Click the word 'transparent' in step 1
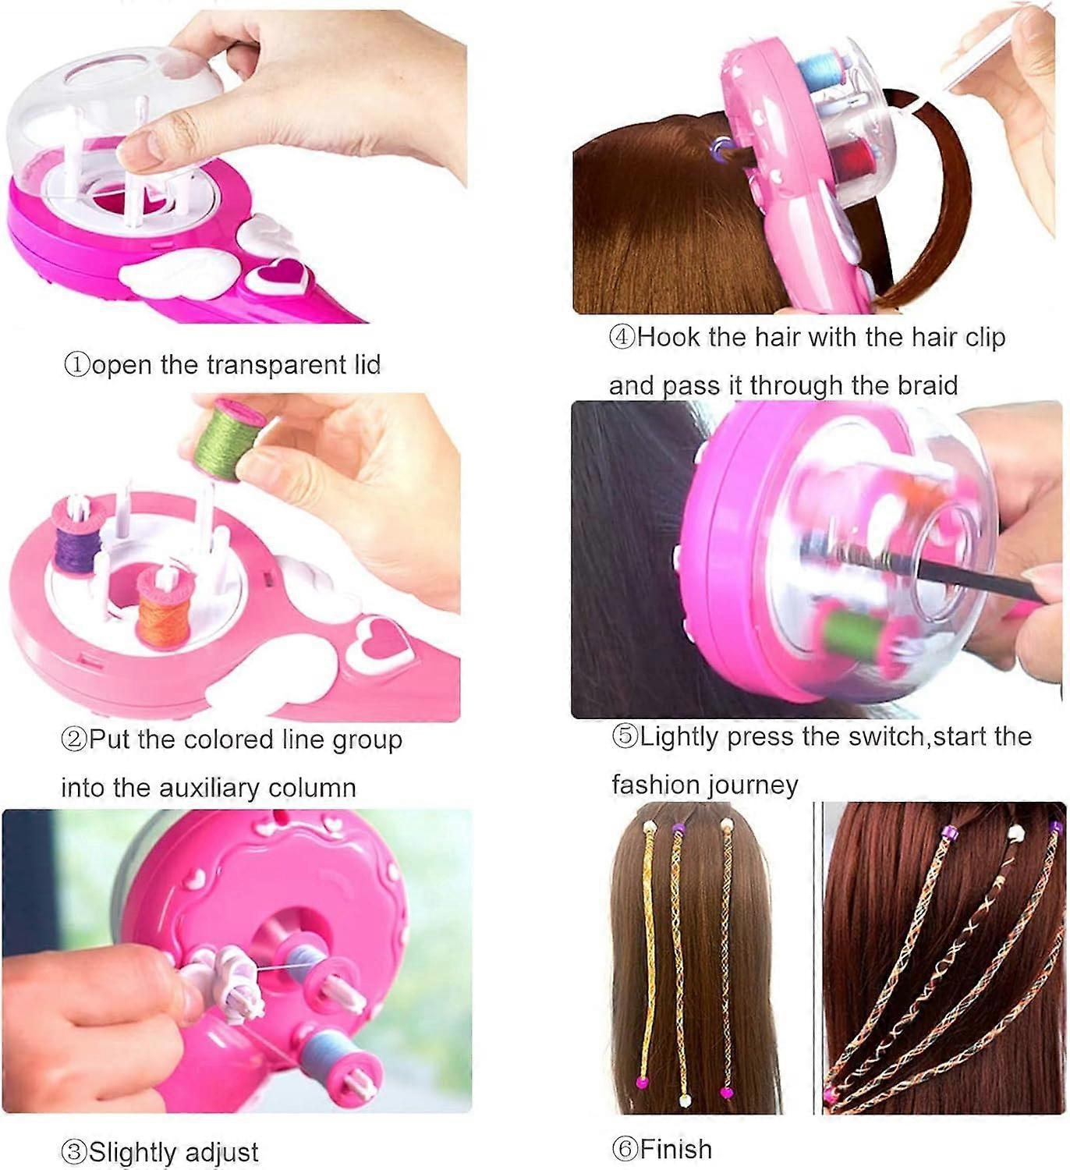(277, 366)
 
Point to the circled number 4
(622, 338)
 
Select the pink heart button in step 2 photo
(380, 640)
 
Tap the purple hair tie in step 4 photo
(722, 146)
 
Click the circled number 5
(625, 736)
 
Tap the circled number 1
(77, 366)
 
